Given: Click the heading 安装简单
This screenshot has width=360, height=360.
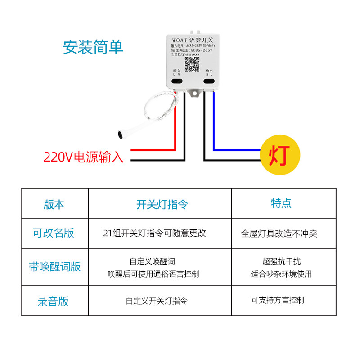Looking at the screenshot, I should pos(93,47).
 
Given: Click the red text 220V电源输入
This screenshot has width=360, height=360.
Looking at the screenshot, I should pos(83,157).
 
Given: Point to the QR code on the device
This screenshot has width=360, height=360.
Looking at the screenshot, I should pos(192,64).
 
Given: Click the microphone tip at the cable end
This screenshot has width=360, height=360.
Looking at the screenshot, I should pos(121,134).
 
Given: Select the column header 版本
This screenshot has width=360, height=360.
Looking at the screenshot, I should pos(54,204).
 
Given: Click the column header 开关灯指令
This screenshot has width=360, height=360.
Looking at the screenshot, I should pos(162,205).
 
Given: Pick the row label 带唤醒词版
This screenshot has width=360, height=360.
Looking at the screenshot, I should pos(55,266).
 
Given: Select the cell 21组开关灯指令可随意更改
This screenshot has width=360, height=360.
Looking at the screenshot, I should pos(154,233).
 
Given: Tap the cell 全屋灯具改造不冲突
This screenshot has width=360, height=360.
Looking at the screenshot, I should pos(279,234).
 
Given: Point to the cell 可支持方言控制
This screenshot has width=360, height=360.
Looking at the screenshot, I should pos(278,300).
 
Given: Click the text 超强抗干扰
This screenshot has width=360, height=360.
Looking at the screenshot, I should pos(282,261).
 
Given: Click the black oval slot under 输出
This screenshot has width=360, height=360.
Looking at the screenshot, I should pos(209,81).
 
